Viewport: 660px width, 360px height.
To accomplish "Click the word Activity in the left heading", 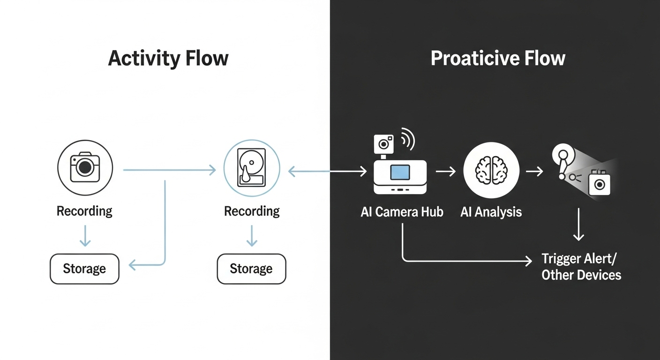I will [143, 59].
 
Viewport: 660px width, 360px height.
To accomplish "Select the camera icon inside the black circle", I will [85, 167].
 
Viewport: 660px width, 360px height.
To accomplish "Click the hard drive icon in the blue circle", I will [251, 168].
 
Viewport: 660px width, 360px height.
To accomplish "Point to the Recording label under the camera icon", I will [84, 211].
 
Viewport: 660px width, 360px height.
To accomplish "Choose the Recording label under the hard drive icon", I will [252, 211].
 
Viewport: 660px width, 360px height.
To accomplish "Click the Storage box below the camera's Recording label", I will [84, 269].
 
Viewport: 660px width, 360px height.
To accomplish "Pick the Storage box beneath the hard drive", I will [251, 269].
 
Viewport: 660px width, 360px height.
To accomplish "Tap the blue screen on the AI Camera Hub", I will [400, 172].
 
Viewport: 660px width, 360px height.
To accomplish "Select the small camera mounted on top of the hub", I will [383, 143].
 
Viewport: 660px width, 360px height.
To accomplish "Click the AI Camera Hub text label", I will [402, 212].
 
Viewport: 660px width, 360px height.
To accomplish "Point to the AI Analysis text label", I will [491, 212].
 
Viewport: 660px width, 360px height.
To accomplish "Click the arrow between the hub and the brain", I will [445, 172].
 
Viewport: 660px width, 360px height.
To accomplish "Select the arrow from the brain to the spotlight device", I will [534, 172].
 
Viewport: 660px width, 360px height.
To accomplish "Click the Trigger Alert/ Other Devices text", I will [581, 267].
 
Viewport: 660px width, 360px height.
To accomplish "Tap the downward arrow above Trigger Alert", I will [579, 225].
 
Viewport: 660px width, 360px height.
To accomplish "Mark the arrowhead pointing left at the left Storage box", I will [133, 265].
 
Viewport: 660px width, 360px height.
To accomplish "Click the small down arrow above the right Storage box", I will [252, 236].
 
